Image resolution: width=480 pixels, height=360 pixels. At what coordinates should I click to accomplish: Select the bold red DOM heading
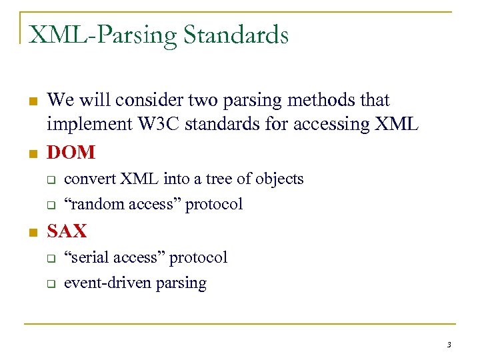click(x=71, y=153)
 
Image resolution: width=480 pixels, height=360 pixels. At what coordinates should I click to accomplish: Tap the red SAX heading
click(x=67, y=231)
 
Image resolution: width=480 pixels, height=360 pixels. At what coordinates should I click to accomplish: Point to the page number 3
click(x=449, y=345)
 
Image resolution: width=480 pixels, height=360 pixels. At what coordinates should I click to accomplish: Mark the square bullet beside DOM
click(x=31, y=153)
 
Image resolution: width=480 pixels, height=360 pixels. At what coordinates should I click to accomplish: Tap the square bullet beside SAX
click(x=31, y=232)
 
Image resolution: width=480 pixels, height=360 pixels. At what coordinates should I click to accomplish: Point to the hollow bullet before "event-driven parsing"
click(x=49, y=284)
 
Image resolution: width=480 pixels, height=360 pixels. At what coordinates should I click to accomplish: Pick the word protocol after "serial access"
click(x=198, y=258)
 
